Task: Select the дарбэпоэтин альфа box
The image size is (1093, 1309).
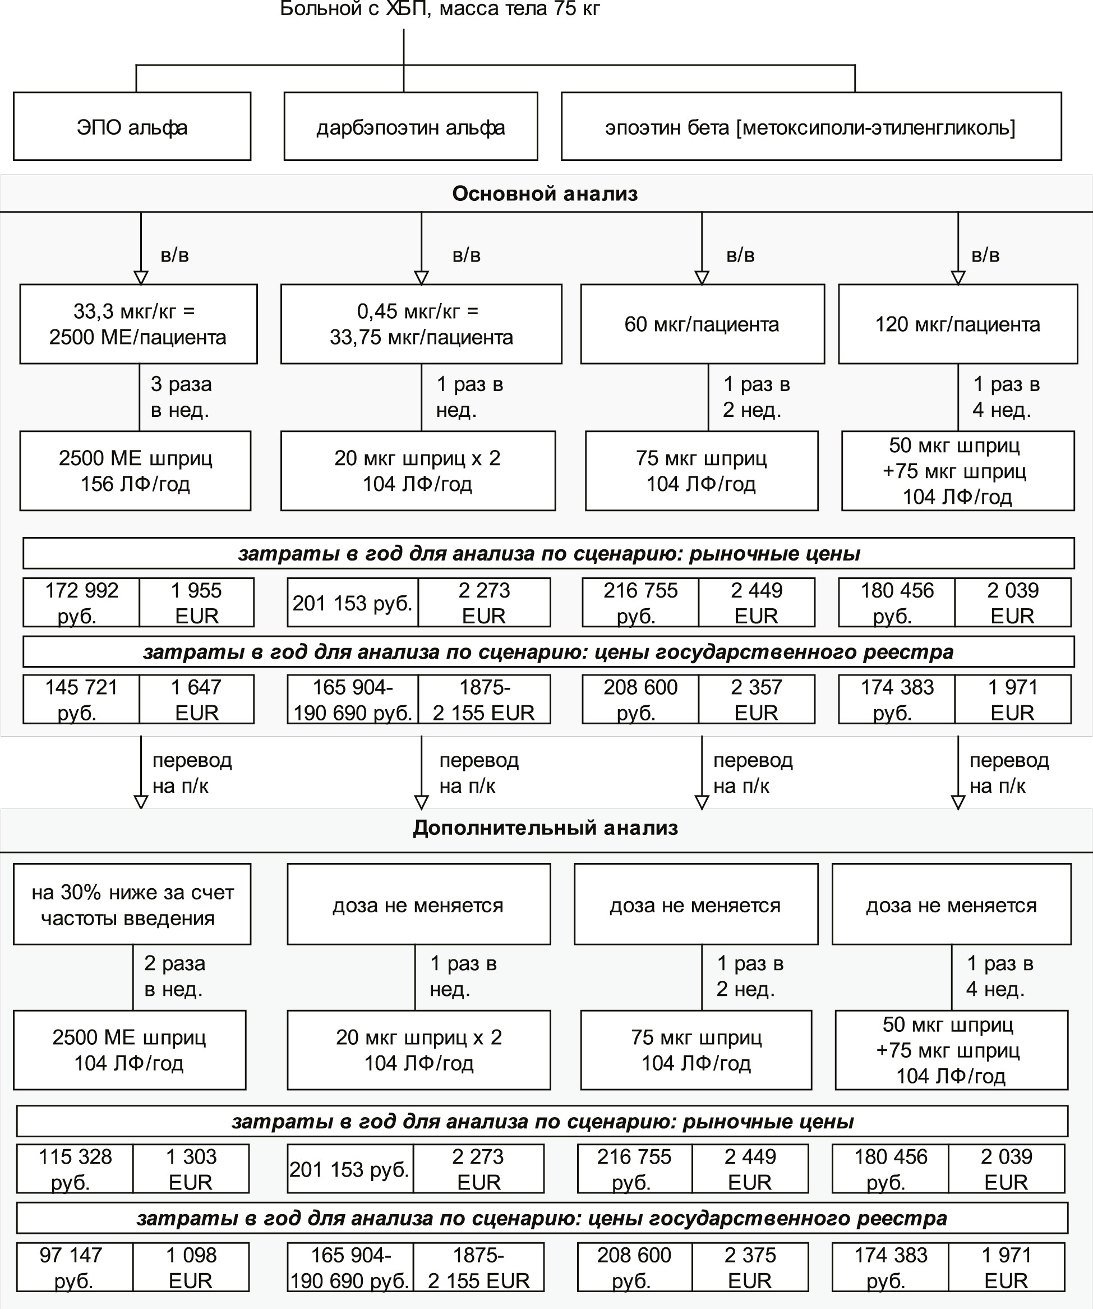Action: [411, 127]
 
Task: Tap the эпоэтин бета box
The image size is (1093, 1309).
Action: [811, 127]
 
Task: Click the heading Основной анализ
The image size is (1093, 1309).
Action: [545, 194]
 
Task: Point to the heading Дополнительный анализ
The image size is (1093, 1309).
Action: [545, 828]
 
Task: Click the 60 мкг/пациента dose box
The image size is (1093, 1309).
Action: [702, 324]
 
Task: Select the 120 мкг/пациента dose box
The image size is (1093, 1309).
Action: [958, 324]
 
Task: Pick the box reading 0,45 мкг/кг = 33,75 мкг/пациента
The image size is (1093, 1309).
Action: [421, 324]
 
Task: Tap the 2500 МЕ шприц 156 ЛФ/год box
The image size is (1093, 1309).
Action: [135, 471]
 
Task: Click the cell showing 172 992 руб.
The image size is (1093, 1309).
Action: [81, 602]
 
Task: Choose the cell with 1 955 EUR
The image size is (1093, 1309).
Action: [196, 602]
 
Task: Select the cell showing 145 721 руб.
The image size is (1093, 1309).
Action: [81, 699]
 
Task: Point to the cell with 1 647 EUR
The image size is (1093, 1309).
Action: [196, 699]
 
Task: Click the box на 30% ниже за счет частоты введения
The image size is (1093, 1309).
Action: [132, 904]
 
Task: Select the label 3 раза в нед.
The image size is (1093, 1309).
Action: [181, 397]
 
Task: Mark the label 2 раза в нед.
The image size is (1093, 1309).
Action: [174, 976]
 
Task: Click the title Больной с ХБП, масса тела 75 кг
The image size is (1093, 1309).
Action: [439, 9]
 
